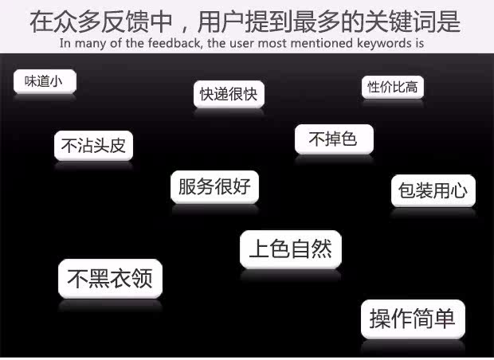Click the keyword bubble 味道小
tap(44, 81)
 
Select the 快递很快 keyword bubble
tap(229, 95)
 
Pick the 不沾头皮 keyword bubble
tap(93, 146)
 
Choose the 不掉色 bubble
tap(333, 139)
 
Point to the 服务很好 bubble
tap(214, 187)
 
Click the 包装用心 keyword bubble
tap(433, 191)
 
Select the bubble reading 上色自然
tap(290, 249)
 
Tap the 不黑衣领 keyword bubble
tap(109, 279)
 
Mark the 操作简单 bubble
tap(412, 319)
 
